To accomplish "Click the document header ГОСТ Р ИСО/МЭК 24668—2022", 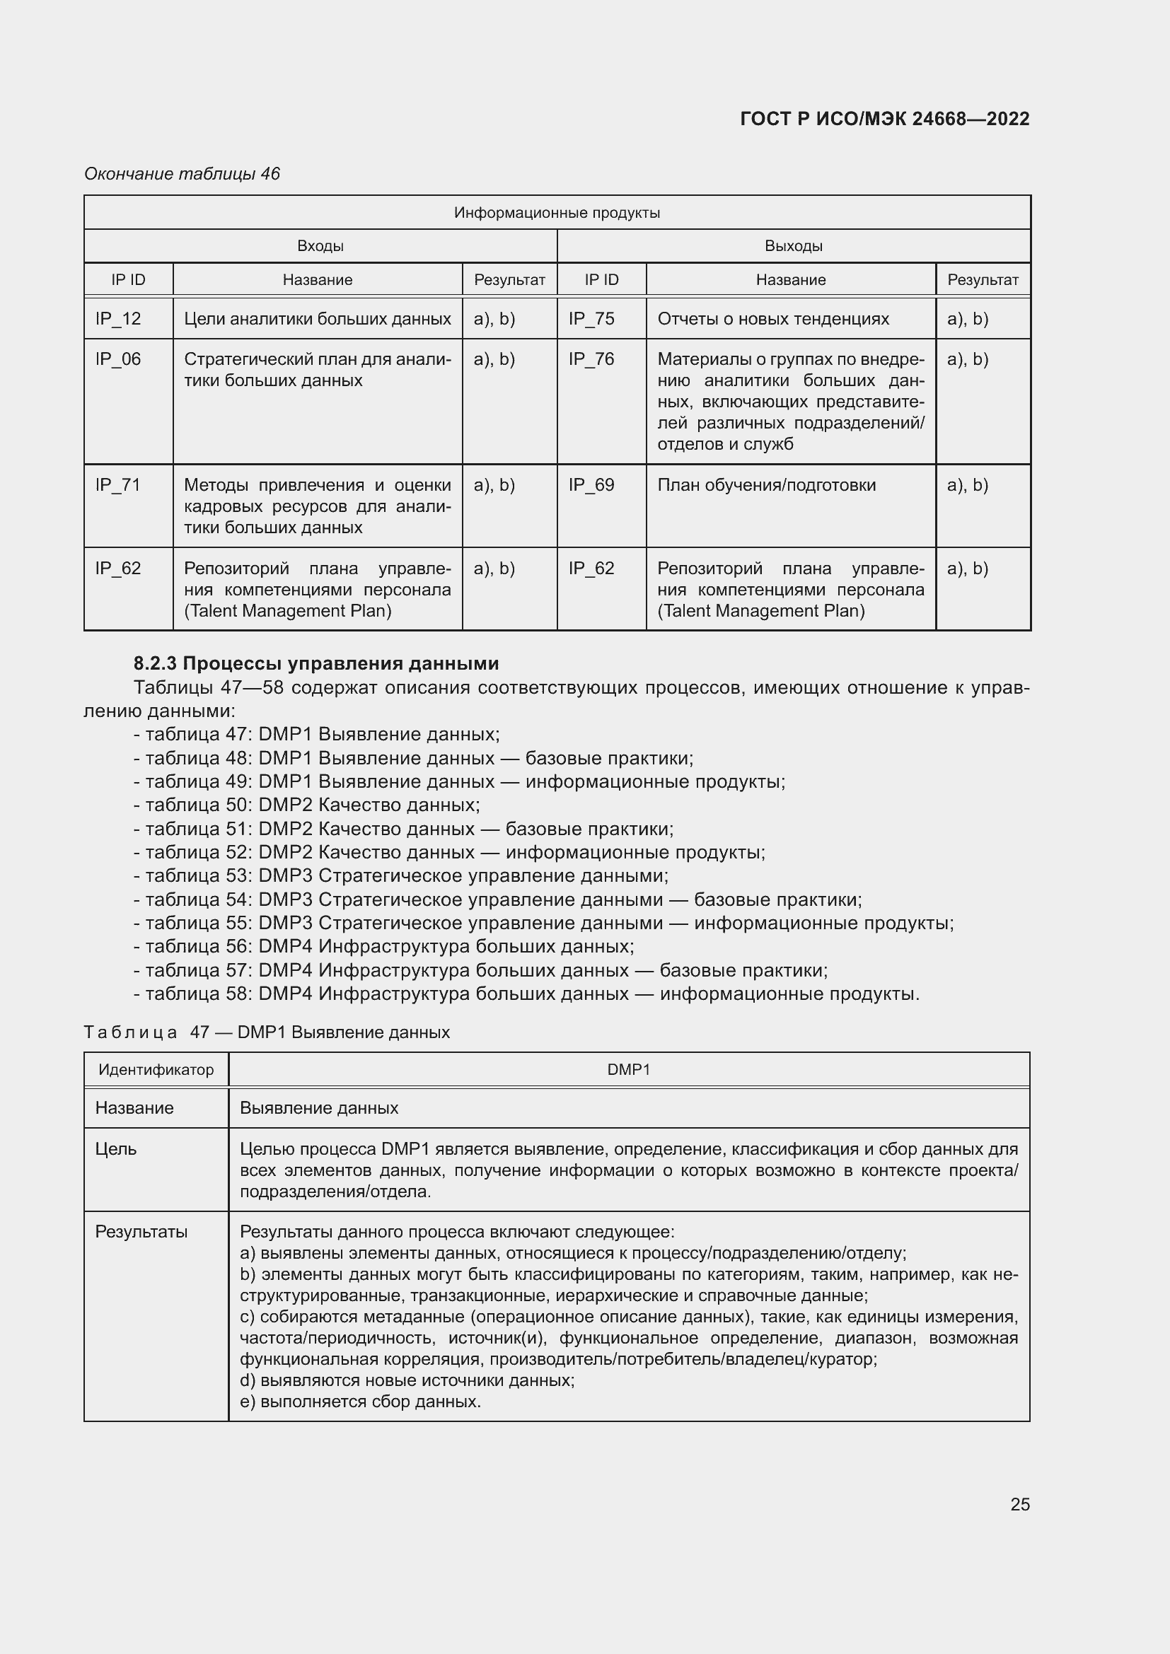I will tap(884, 119).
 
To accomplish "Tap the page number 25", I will tap(1019, 1504).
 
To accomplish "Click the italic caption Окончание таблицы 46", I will tap(182, 174).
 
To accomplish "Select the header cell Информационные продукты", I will tap(557, 213).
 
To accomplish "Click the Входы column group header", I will tap(320, 245).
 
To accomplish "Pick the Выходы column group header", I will tap(793, 245).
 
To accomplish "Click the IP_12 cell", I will tap(118, 318).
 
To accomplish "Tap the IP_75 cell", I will tap(591, 318).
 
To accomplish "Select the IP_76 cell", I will tap(591, 359).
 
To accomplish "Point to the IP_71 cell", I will tap(118, 485).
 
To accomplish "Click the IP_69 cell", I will tap(591, 485).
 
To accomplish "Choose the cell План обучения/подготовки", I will tap(766, 485).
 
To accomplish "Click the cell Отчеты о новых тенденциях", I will tap(772, 318).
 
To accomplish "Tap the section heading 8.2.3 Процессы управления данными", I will tap(316, 663).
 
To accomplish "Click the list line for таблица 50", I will tap(307, 805).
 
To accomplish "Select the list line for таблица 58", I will tap(526, 994).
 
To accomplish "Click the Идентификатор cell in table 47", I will tap(156, 1069).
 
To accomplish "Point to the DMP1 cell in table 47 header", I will tap(628, 1069).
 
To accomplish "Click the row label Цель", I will tap(116, 1148).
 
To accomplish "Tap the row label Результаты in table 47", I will tap(141, 1231).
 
